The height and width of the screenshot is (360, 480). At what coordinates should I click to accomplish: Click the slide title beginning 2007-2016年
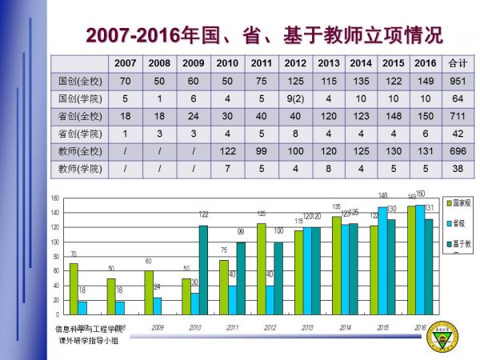[263, 35]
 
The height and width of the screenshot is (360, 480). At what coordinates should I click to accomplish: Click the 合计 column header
[457, 62]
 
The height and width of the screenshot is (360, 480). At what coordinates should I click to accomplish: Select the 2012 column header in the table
[295, 62]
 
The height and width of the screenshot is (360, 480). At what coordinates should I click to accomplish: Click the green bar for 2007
[74, 289]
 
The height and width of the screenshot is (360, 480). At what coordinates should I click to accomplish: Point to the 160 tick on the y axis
[55, 198]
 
